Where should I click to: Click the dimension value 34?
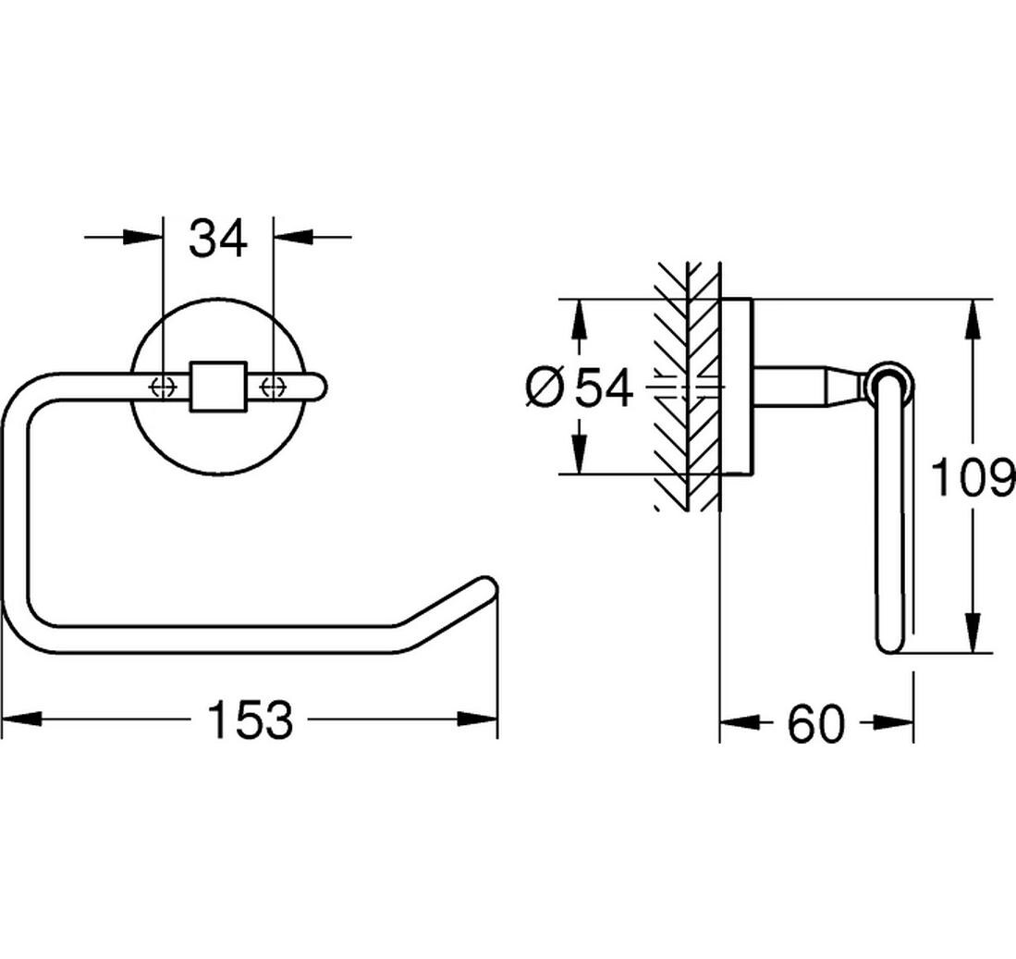218,238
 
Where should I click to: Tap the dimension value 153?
251,719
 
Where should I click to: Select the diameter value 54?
604,388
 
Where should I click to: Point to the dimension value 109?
973,476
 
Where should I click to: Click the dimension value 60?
816,724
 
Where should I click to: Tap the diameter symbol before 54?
545,388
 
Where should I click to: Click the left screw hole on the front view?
164,387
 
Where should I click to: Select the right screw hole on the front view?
274,387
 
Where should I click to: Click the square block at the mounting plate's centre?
218,387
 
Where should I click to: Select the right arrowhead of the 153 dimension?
478,719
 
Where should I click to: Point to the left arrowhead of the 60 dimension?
740,722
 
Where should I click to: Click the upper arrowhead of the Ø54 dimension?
580,319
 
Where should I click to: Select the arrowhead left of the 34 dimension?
141,237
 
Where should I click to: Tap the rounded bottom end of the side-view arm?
889,644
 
